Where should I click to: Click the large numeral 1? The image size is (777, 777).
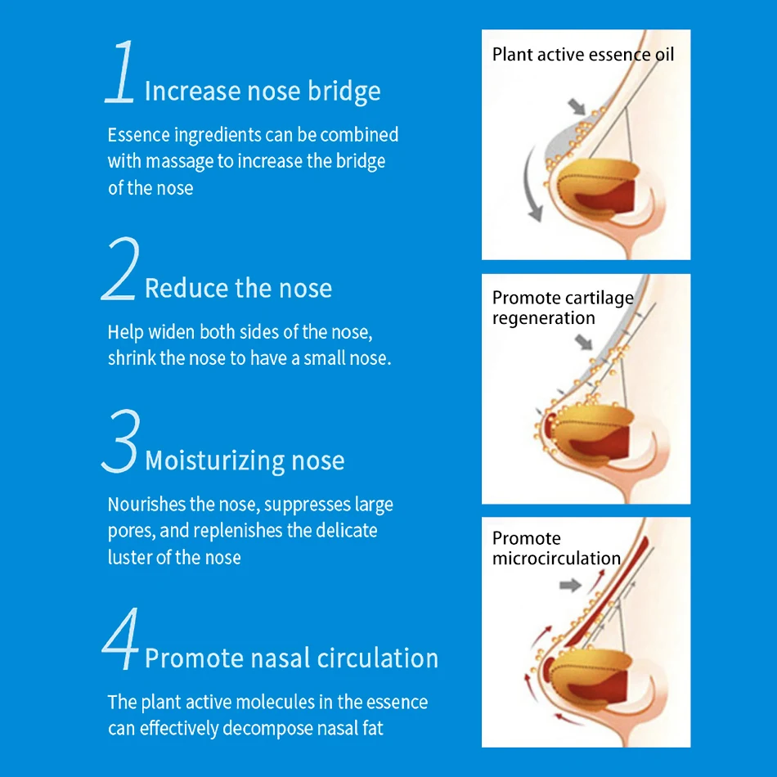(120, 72)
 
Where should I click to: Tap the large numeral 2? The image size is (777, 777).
(119, 268)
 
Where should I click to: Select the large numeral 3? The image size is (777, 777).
(120, 441)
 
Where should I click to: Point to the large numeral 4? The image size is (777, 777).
(120, 638)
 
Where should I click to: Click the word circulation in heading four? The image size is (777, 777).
(378, 658)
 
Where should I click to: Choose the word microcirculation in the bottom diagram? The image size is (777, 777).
(556, 559)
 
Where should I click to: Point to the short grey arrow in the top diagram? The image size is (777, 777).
(577, 106)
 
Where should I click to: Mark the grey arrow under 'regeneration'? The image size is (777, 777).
(584, 342)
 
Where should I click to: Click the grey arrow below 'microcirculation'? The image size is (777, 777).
(570, 586)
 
